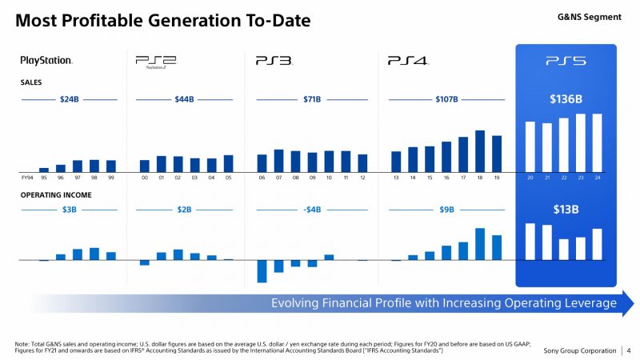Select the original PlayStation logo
[x=46, y=60]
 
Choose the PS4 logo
[x=408, y=60]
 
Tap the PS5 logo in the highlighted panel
[x=566, y=60]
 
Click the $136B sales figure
[x=566, y=99]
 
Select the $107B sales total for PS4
[x=446, y=99]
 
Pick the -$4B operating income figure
[x=312, y=210]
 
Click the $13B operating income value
[x=566, y=210]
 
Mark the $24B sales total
[x=70, y=99]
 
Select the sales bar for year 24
[x=597, y=142]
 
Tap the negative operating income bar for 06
[x=262, y=270]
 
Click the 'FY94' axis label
[x=26, y=178]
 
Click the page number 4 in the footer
[x=630, y=350]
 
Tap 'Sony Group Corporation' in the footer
[x=580, y=350]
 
